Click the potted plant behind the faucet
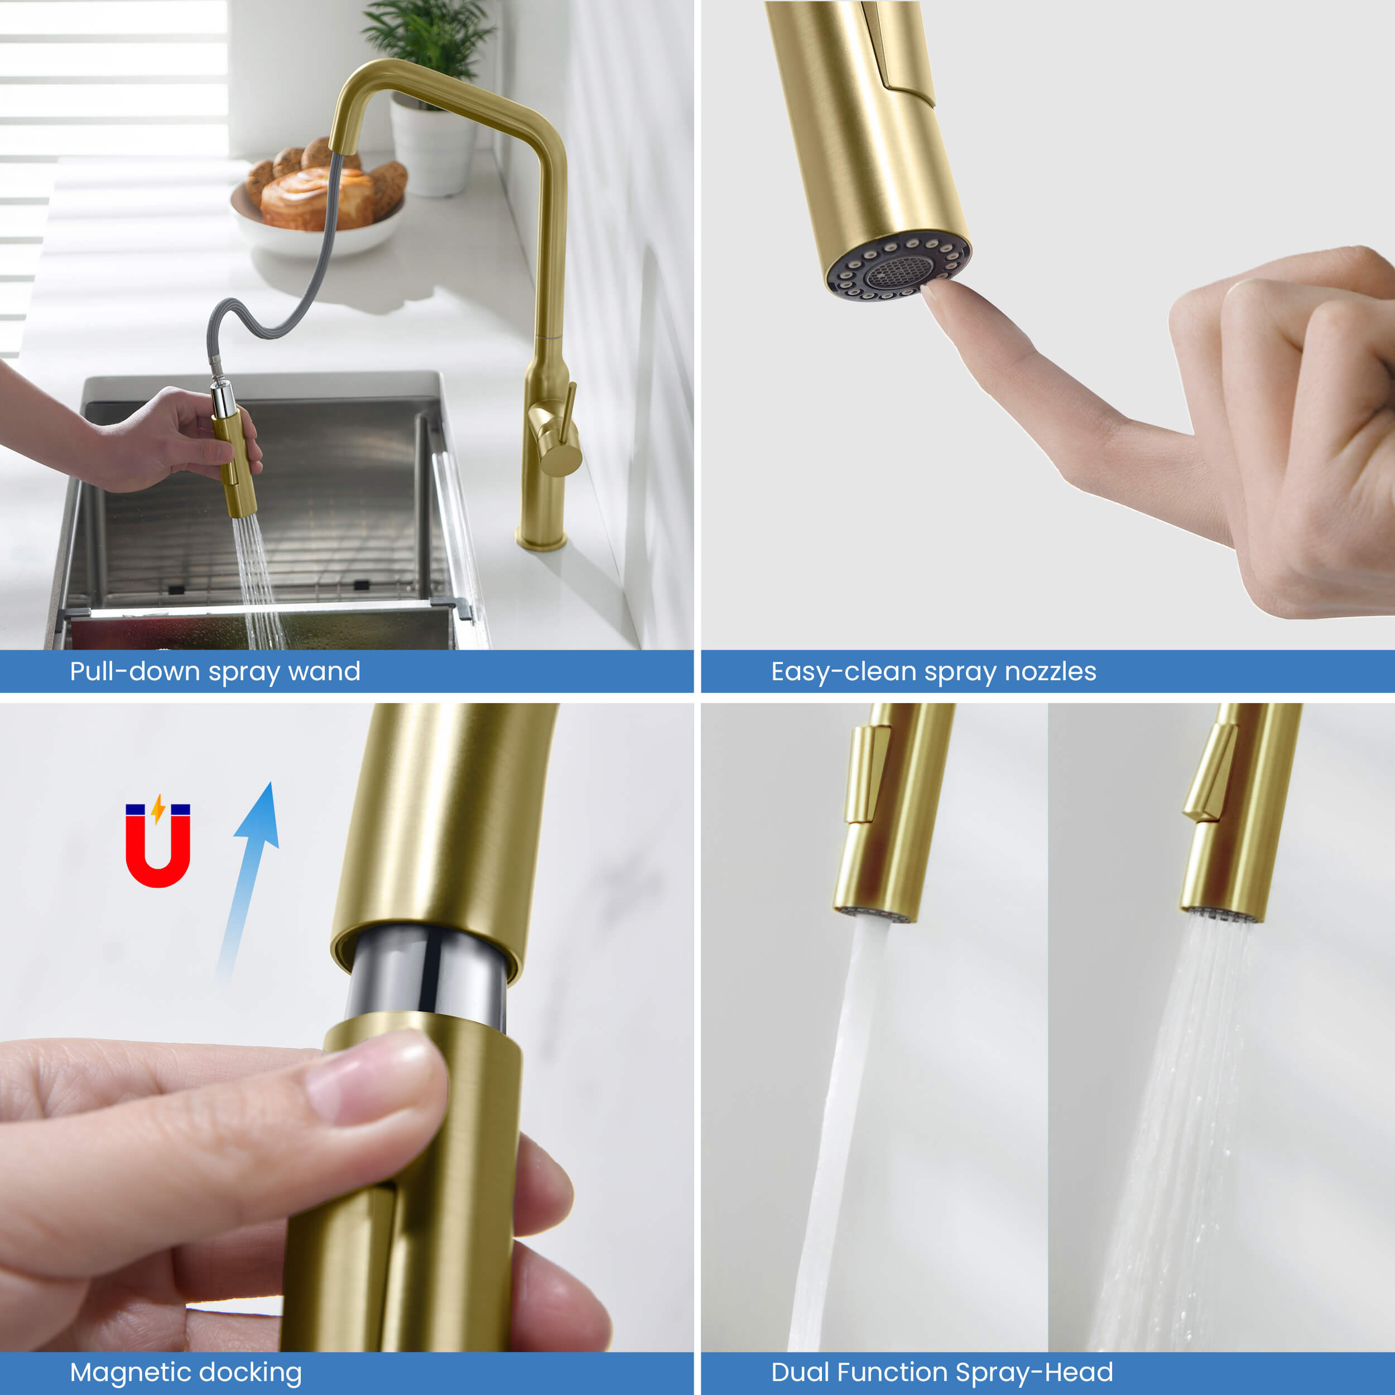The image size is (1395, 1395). pyautogui.click(x=430, y=94)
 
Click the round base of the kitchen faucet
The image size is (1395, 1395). pyautogui.click(x=541, y=540)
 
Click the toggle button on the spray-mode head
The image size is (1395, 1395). pyautogui.click(x=1209, y=773)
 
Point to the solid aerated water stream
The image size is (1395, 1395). pyautogui.click(x=838, y=1134)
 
